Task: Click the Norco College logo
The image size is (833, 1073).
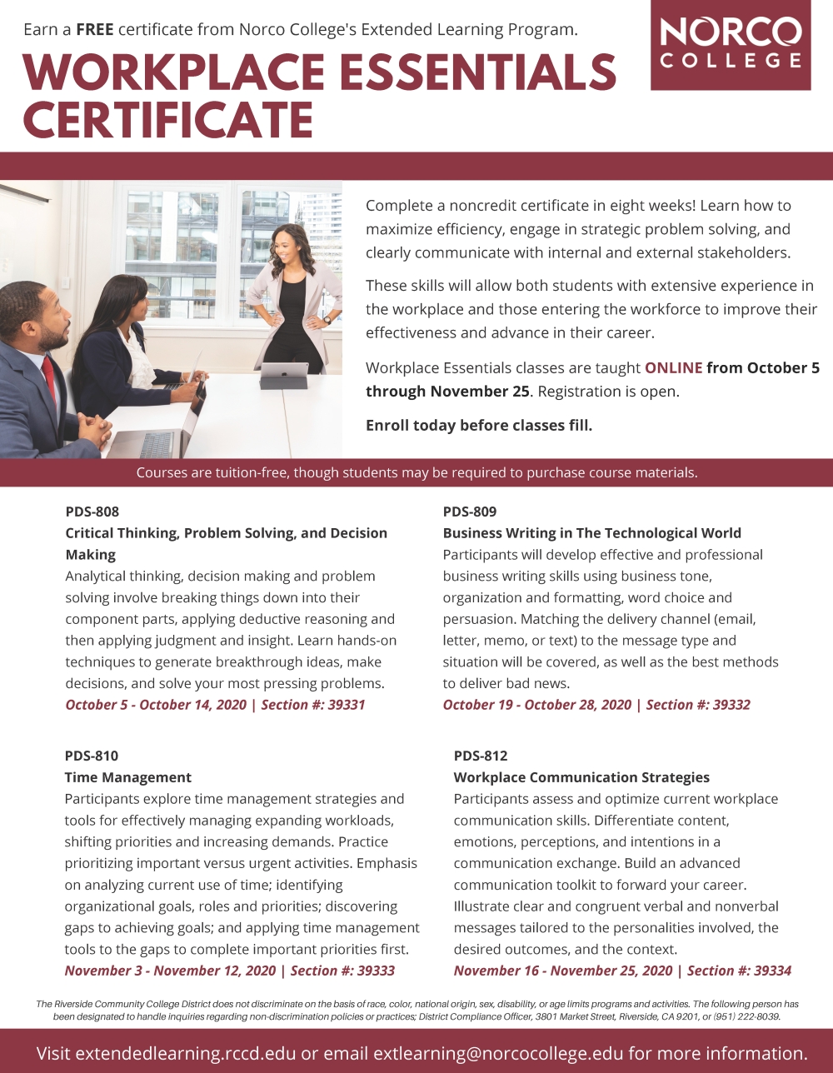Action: point(730,45)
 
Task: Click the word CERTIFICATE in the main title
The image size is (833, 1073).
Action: point(168,120)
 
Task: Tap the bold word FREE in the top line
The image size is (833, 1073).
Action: point(95,30)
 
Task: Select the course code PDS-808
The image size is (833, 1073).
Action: point(92,512)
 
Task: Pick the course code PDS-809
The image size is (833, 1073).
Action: point(470,512)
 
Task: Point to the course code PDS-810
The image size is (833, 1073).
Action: point(92,756)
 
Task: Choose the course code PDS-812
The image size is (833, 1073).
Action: point(481,756)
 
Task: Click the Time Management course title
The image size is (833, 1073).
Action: point(128,777)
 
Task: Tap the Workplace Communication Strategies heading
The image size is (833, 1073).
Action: point(581,777)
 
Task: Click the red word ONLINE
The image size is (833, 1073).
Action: point(673,368)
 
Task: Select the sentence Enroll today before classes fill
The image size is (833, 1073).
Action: point(479,426)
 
